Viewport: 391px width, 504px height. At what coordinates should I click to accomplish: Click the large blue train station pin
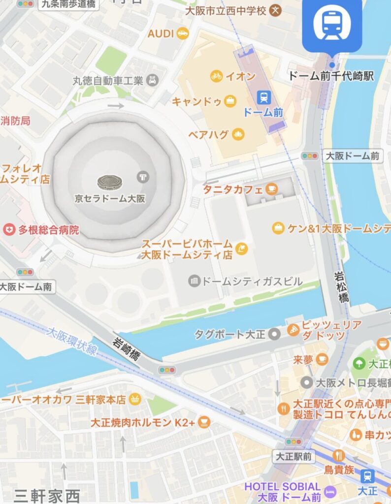331,25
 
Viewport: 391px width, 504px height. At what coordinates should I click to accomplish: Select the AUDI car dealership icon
183,33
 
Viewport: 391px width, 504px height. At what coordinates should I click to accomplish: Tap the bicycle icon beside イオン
216,76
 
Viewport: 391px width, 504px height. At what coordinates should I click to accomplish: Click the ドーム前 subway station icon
263,97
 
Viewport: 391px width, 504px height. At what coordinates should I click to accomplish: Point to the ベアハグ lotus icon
238,134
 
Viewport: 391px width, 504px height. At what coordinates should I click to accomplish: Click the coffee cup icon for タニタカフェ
271,189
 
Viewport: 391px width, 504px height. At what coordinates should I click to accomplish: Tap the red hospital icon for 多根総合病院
9,229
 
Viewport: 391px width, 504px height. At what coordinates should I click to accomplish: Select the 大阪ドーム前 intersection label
353,156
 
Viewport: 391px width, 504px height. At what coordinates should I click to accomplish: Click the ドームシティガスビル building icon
195,281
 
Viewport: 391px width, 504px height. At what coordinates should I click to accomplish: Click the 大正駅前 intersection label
293,457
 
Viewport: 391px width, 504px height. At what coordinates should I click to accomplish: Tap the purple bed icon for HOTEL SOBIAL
329,491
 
